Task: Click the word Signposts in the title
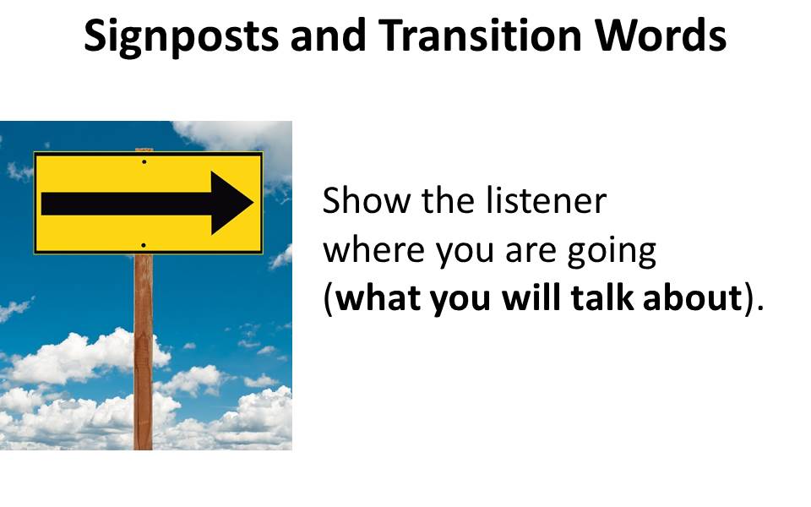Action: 181,37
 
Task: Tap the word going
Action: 612,253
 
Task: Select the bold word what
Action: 379,298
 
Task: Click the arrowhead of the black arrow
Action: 230,203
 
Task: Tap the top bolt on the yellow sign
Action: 144,162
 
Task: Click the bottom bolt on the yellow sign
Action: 144,245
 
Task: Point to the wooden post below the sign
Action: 144,352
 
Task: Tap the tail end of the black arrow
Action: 42,204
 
